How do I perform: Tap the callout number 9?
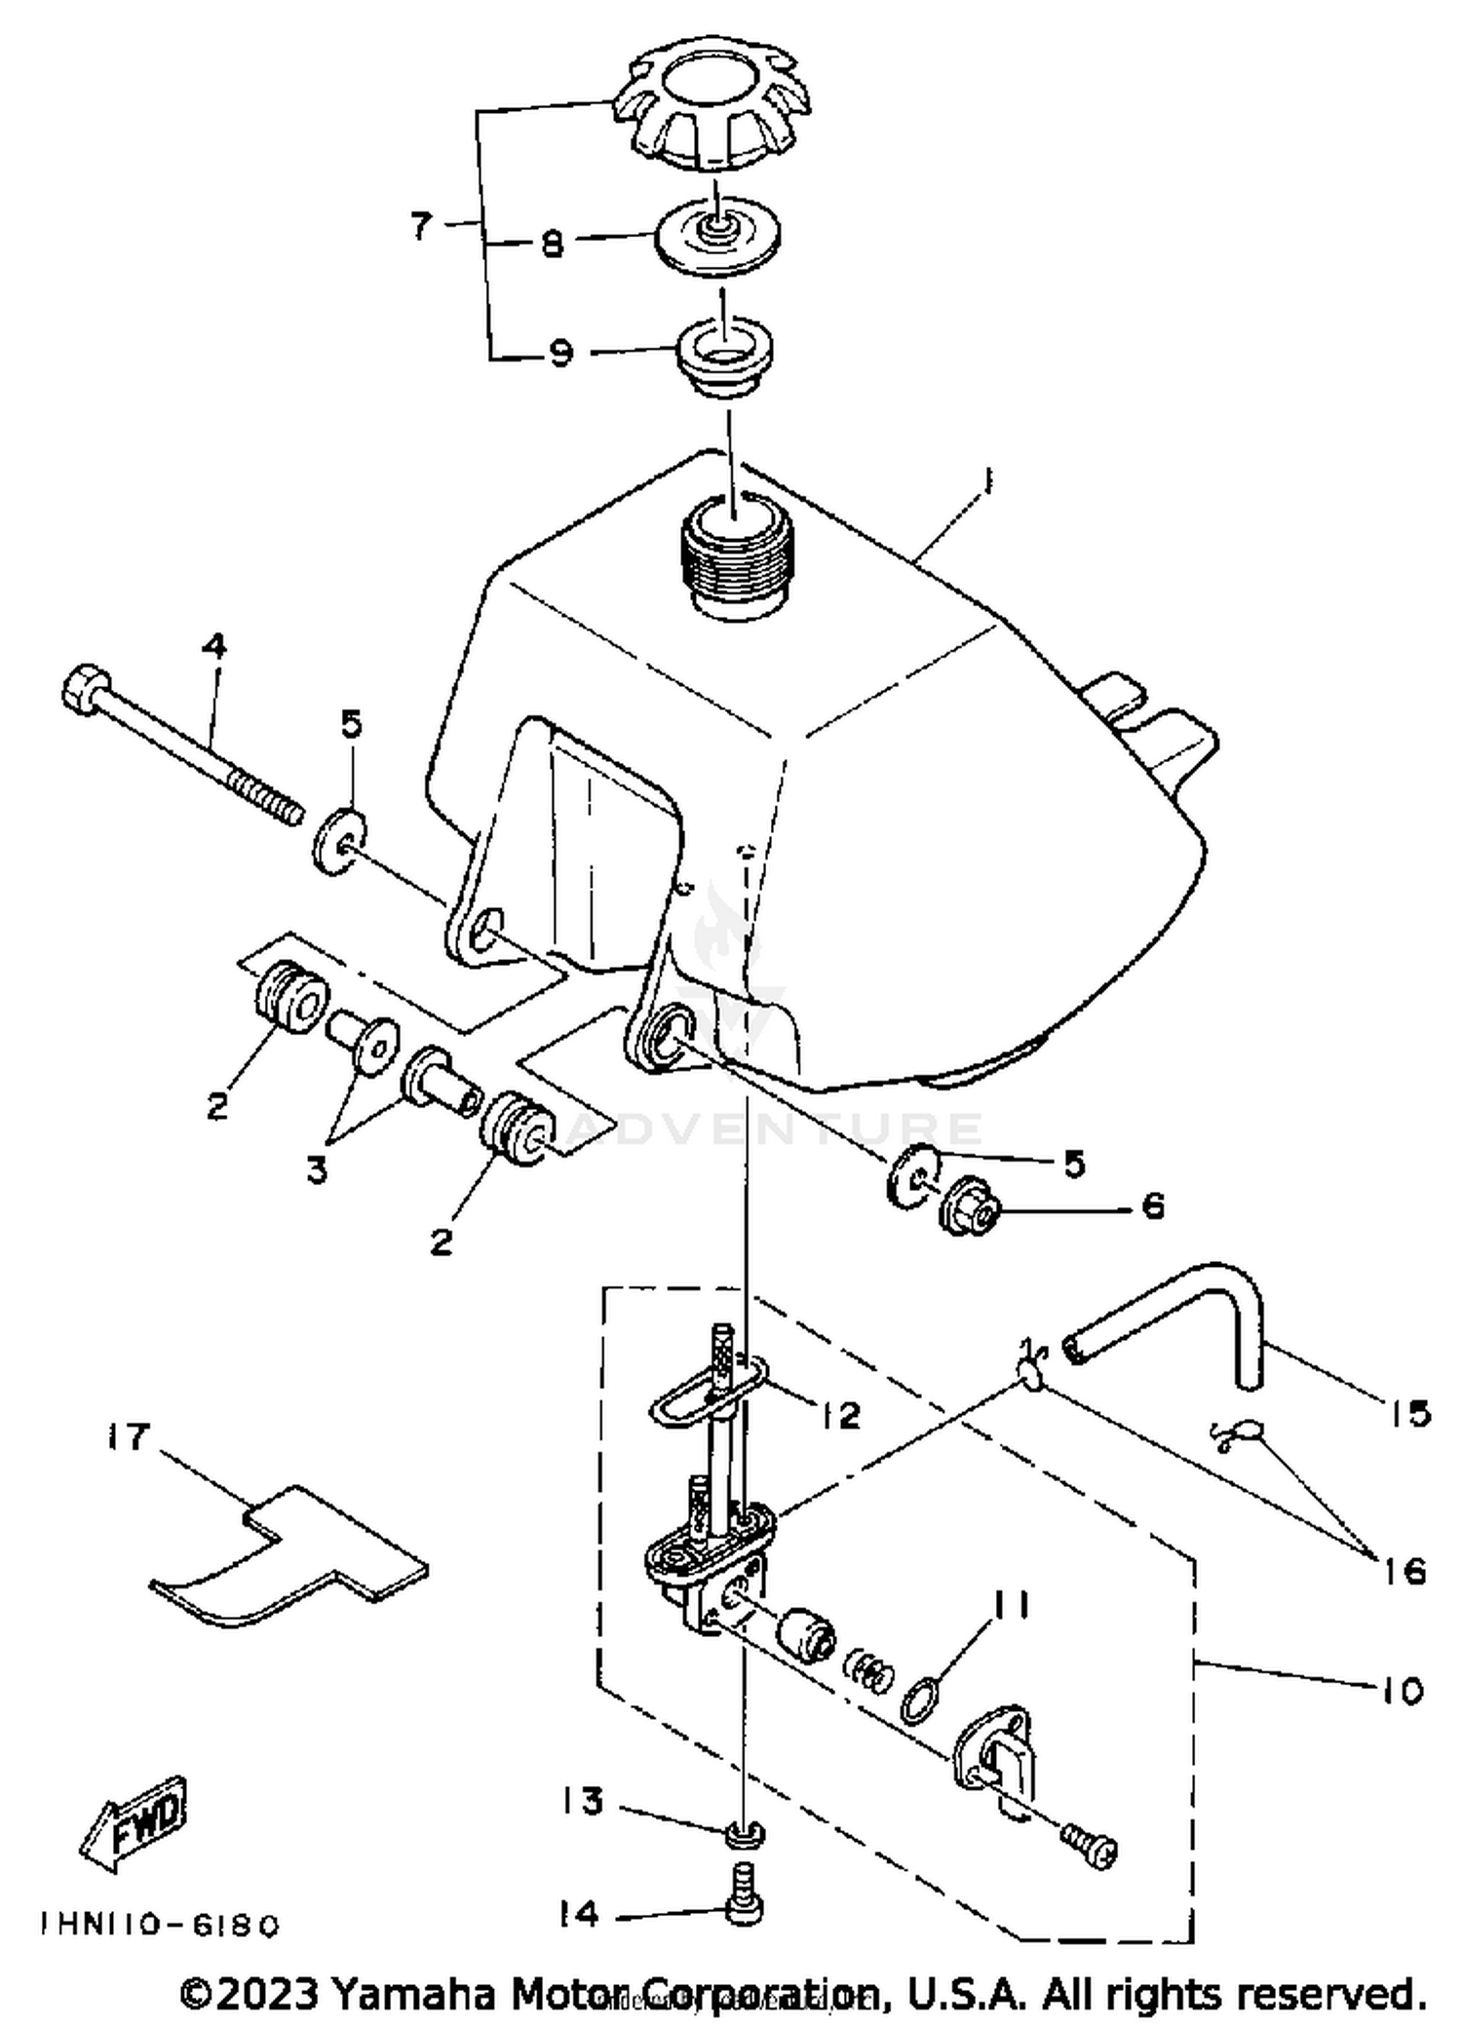(559, 353)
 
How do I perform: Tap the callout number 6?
(1152, 1206)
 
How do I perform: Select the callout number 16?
(1404, 1571)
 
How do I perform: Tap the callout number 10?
(1402, 1692)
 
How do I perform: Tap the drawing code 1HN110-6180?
(160, 1926)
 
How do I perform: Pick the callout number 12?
(840, 1415)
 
